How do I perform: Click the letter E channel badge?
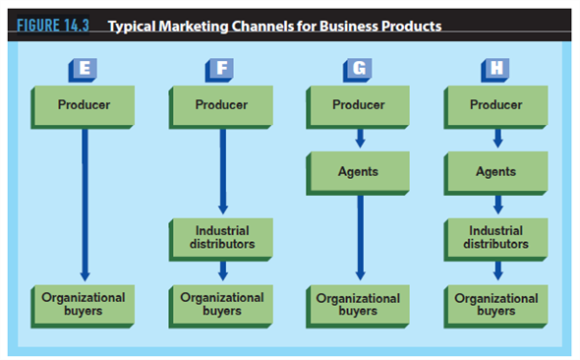[83, 69]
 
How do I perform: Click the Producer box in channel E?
[83, 105]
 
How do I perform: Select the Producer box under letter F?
[220, 105]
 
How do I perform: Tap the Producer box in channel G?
[358, 105]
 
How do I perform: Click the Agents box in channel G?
[358, 171]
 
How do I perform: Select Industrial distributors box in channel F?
[220, 237]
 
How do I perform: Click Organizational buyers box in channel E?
[83, 303]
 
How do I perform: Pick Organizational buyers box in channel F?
[220, 303]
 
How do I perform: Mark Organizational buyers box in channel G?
[358, 303]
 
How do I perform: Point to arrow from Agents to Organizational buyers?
[361, 236]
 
